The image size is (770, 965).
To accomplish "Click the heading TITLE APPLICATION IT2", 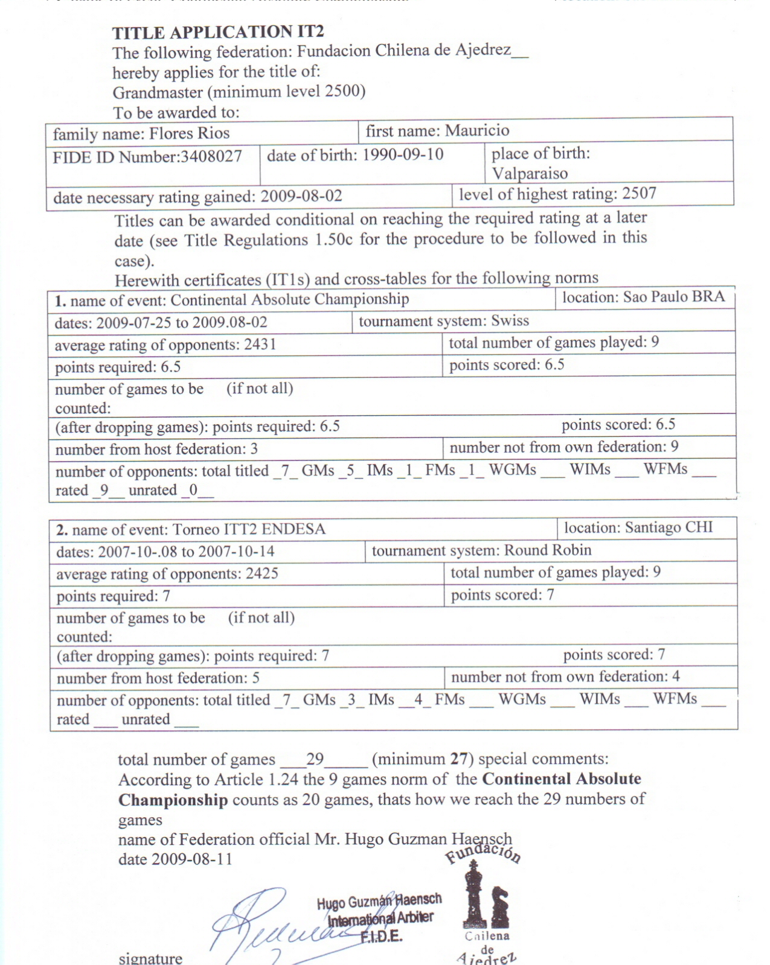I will tap(218, 32).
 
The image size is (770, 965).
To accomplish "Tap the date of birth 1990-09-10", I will tap(403, 154).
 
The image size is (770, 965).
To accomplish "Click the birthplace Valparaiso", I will tap(530, 174).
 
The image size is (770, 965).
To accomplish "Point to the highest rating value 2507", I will tap(639, 193).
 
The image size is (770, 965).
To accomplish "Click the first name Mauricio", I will tap(477, 130).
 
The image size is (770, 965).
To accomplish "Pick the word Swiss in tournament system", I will tap(510, 320).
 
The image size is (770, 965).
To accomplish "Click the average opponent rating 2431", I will tap(260, 345).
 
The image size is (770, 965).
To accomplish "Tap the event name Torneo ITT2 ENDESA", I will tap(249, 529).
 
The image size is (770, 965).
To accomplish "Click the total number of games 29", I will tap(315, 759).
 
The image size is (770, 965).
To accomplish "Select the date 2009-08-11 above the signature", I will tap(192, 859).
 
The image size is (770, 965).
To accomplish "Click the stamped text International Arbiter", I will tap(380, 919).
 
